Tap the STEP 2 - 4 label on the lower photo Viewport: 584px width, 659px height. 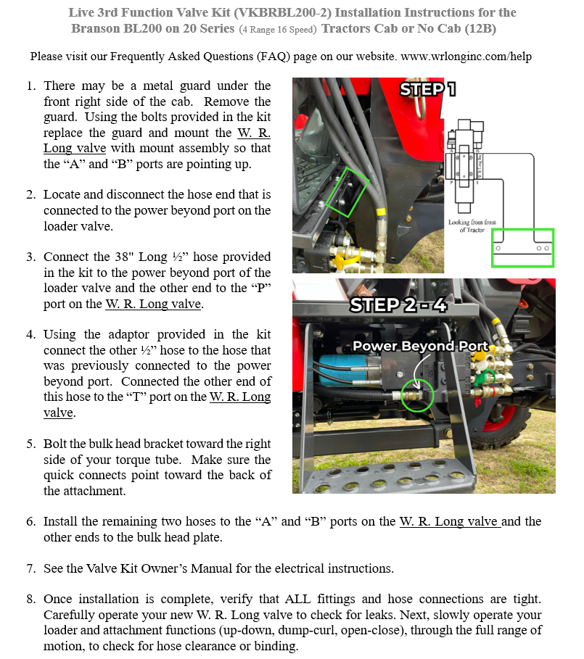click(398, 304)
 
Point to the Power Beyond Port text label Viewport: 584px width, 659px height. click(420, 346)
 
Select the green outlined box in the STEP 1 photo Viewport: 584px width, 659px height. click(342, 191)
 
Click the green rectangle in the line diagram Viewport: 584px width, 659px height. click(522, 247)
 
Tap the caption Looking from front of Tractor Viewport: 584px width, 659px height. click(471, 225)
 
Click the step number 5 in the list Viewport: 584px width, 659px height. click(30, 444)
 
